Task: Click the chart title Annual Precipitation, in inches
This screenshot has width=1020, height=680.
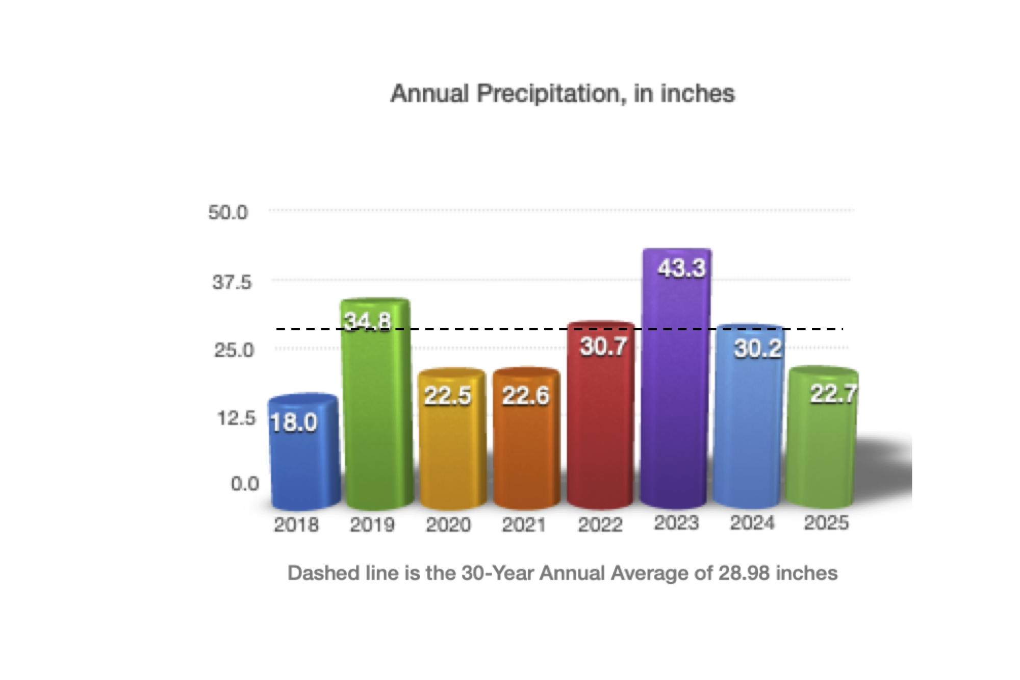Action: [562, 94]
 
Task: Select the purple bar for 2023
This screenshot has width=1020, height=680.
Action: [676, 388]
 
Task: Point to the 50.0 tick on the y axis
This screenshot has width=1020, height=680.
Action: [228, 212]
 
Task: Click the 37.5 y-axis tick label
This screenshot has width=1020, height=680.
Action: [232, 282]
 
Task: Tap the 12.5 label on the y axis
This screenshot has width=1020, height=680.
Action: [236, 418]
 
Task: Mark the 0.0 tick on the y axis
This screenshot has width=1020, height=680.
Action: [245, 484]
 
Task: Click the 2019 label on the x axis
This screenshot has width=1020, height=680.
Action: [372, 525]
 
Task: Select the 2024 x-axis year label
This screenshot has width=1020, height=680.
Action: [752, 523]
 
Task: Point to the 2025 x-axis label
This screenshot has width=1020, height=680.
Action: [826, 523]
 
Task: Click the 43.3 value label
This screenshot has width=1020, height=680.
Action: [681, 268]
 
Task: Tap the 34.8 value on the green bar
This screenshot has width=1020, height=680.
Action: [367, 321]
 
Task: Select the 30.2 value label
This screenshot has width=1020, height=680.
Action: [757, 349]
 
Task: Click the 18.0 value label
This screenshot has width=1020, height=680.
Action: [293, 422]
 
